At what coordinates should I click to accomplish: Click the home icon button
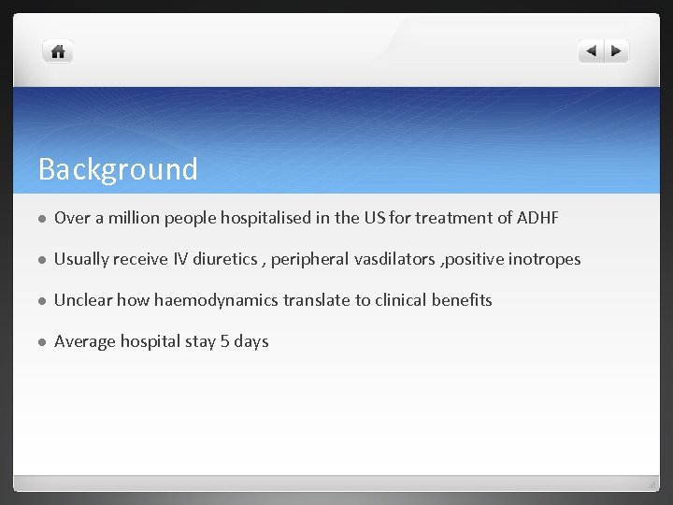[x=58, y=52]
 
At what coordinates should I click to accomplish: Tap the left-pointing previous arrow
[x=592, y=52]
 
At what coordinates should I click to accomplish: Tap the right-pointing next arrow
[x=617, y=52]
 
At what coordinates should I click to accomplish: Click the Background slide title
[x=118, y=169]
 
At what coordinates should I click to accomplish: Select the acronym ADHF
[x=537, y=218]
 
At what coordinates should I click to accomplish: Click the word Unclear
[x=83, y=300]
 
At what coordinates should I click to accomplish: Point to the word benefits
[x=461, y=300]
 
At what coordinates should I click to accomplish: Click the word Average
[x=85, y=341]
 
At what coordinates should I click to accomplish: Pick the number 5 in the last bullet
[x=224, y=341]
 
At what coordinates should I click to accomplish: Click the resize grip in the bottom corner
[x=653, y=483]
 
